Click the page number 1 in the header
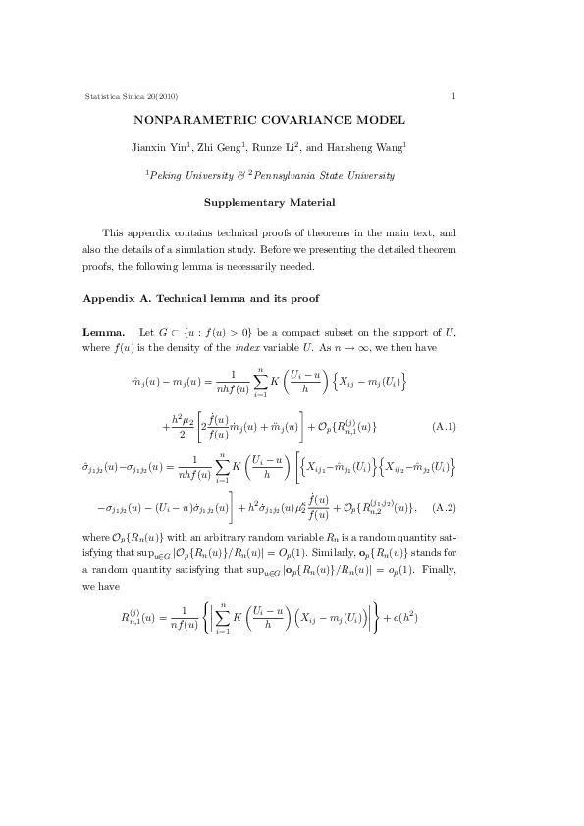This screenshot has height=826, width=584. pos(453,95)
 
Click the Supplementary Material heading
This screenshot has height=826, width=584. pos(268,204)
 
